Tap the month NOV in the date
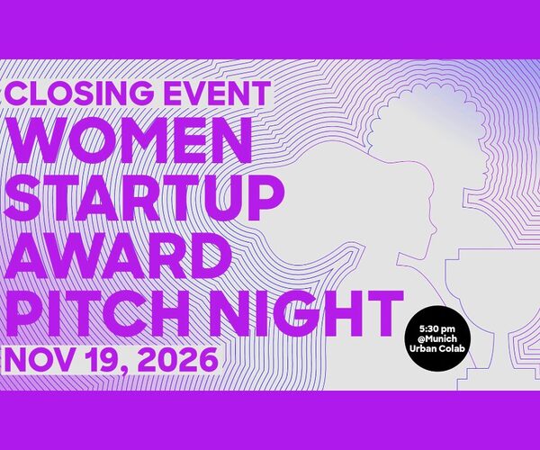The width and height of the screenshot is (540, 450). (40, 359)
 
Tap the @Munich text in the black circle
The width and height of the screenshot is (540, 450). (436, 338)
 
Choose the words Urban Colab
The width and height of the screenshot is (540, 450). (436, 348)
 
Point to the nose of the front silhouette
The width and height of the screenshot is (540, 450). (435, 229)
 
